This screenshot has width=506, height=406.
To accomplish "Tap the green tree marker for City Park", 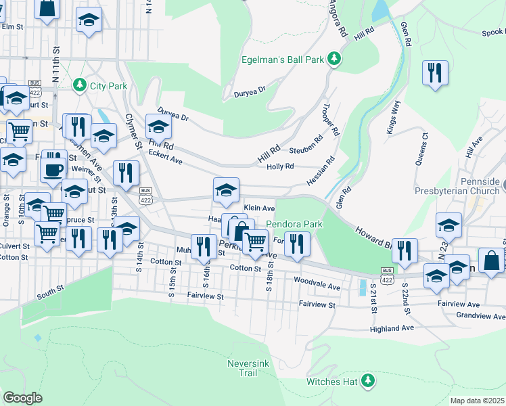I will pyautogui.click(x=80, y=85).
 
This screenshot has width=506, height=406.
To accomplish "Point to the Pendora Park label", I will pyautogui.click(x=294, y=224).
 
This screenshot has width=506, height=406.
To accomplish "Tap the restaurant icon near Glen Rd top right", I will pyautogui.click(x=435, y=73).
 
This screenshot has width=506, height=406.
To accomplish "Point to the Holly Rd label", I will pyautogui.click(x=280, y=166).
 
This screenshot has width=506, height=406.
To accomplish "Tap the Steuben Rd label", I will pyautogui.click(x=304, y=150).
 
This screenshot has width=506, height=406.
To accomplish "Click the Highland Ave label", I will pyautogui.click(x=392, y=328).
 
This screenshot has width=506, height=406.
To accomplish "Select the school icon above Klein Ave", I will pyautogui.click(x=226, y=189).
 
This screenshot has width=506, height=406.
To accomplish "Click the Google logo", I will pyautogui.click(x=22, y=398).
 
